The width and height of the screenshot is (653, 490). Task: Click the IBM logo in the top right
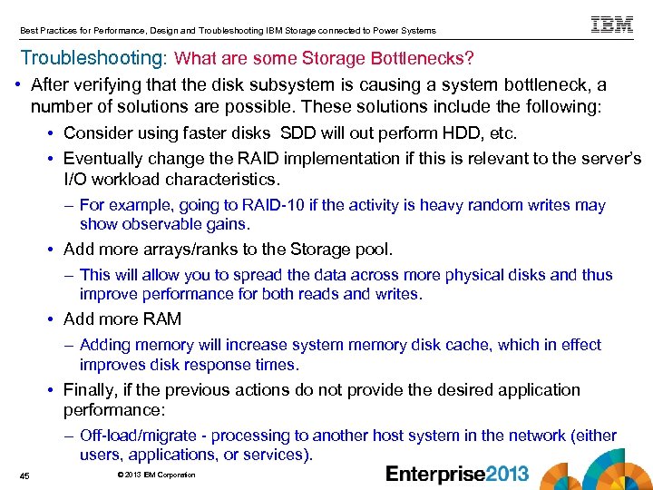(x=612, y=24)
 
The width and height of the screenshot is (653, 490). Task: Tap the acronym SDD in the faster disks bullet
(x=298, y=133)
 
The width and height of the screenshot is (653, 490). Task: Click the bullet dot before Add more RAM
(x=54, y=319)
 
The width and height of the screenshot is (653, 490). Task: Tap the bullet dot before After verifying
(x=20, y=85)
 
